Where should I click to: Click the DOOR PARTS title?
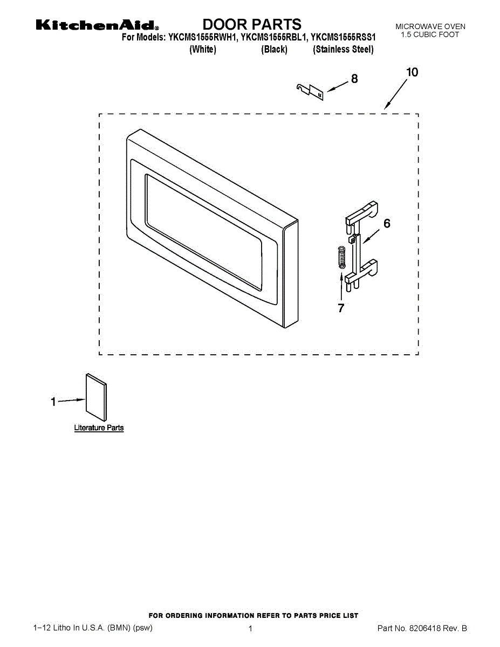[x=252, y=24]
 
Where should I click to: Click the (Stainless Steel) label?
[x=343, y=50]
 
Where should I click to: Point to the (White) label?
[x=203, y=50]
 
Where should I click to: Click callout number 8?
[x=354, y=79]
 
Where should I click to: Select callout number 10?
[x=412, y=72]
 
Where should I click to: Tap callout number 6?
[x=387, y=223]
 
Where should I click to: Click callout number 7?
[x=341, y=308]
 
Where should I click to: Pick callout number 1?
[x=53, y=402]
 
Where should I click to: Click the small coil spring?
[x=341, y=256]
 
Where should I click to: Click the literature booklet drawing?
[x=95, y=396]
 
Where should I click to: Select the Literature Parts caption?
[x=99, y=428]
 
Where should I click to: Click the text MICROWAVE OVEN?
[x=430, y=26]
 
